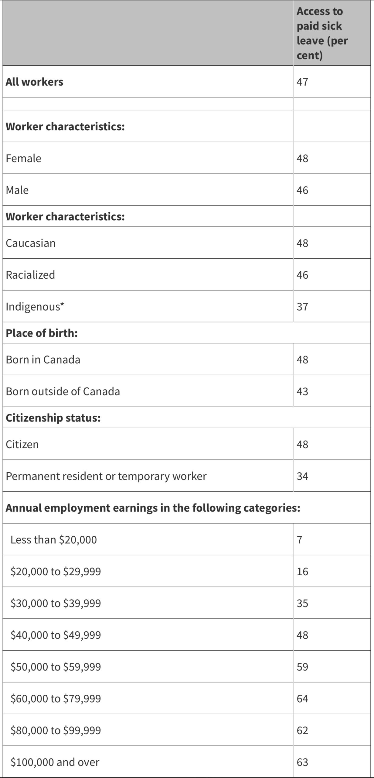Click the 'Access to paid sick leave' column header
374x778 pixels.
point(322,33)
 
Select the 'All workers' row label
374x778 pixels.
point(34,82)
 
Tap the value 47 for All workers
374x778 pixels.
point(302,82)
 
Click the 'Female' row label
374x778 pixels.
point(23,158)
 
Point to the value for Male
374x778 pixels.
point(302,190)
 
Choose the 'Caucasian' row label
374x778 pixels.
point(31,243)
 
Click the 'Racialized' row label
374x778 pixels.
point(30,275)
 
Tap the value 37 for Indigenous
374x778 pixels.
point(302,307)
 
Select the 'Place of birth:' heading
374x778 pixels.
point(42,333)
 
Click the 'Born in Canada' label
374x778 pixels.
point(43,360)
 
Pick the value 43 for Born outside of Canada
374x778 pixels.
point(302,391)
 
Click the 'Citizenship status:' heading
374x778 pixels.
point(53,418)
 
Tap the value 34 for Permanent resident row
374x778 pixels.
point(302,476)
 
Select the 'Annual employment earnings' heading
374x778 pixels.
point(153,508)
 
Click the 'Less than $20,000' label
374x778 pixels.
point(54,540)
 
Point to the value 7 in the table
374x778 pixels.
point(300,540)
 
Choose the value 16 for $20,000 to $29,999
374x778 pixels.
point(302,572)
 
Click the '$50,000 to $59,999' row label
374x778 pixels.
point(56,667)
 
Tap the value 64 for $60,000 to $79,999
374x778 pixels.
point(302,699)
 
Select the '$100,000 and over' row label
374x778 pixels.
point(55,762)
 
